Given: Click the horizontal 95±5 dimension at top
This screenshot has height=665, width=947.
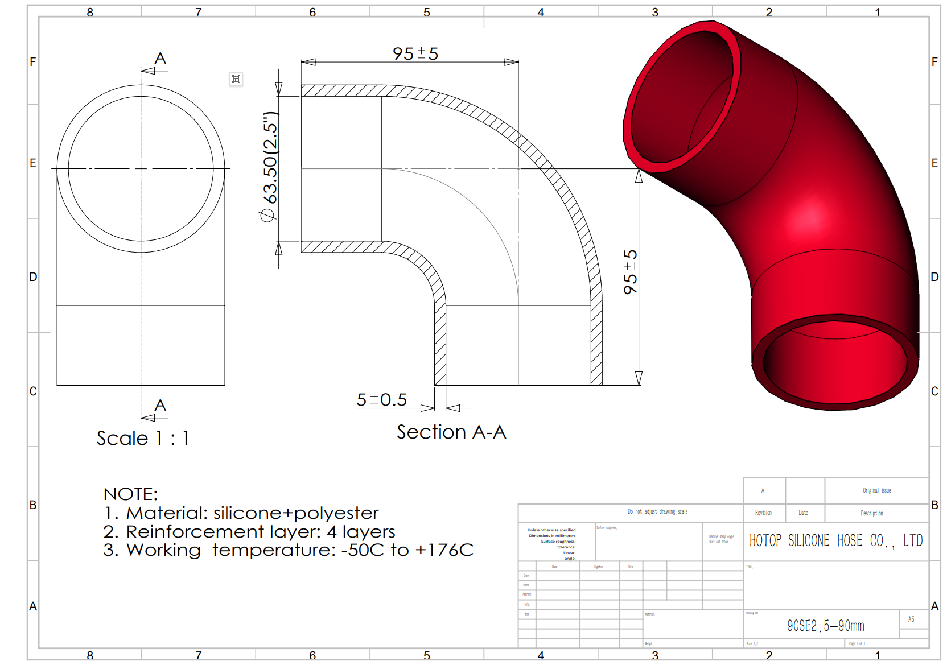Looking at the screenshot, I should tap(415, 54).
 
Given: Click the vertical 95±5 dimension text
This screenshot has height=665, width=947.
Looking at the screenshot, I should tap(630, 272).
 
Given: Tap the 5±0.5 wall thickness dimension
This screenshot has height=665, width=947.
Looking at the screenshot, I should tap(381, 400).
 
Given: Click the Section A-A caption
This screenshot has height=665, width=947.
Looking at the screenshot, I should tap(451, 432).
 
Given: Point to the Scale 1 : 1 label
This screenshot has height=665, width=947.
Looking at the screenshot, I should tap(142, 438).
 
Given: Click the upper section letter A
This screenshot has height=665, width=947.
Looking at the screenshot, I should tap(160, 58).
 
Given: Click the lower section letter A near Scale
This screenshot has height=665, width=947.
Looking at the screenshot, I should tap(160, 405).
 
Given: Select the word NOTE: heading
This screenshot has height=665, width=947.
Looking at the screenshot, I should tap(130, 494).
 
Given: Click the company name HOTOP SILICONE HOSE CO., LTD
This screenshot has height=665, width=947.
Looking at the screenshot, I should tap(835, 540).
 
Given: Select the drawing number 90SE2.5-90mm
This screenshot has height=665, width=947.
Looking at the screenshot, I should tap(825, 626).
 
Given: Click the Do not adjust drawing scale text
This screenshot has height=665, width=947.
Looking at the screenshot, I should tap(657, 511).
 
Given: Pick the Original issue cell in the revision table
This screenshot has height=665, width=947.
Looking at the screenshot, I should tap(876, 490).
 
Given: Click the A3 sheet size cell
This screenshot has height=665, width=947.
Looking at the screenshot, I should tap(911, 619).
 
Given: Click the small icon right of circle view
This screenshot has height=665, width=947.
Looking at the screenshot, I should tap(236, 79).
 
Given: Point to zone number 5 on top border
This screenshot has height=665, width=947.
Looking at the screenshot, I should tap(427, 12).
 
